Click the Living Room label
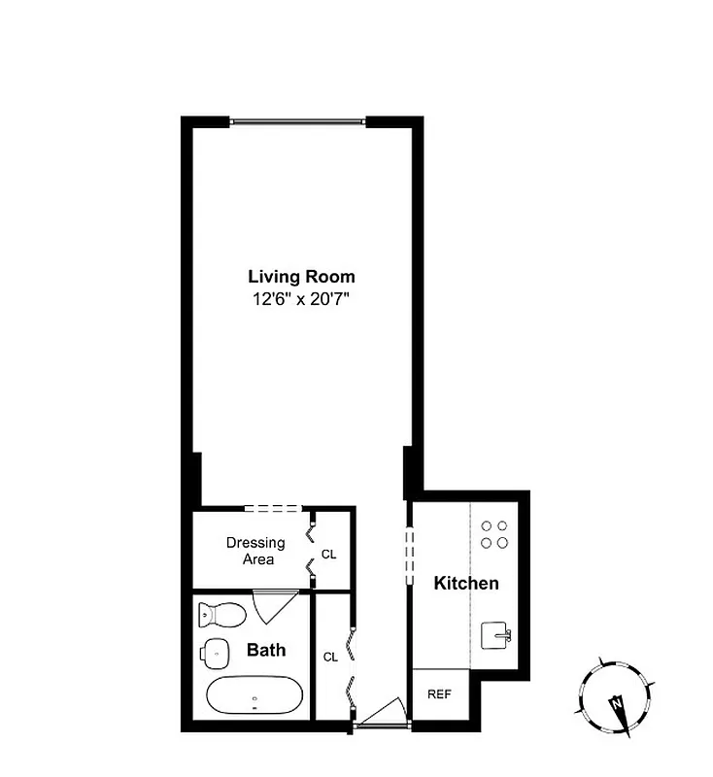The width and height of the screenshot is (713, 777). (x=301, y=277)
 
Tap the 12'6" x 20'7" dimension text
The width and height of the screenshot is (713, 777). (x=301, y=300)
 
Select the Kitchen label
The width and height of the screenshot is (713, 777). (x=466, y=584)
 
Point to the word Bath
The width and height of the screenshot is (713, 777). (x=265, y=650)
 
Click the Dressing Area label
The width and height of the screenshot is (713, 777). (x=255, y=551)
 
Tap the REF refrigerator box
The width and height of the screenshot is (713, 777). (x=440, y=694)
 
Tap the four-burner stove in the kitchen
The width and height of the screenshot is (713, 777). (x=494, y=534)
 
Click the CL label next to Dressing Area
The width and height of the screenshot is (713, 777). (x=329, y=555)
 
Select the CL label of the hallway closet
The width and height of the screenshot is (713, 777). (x=330, y=657)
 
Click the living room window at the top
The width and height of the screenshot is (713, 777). (x=297, y=121)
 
